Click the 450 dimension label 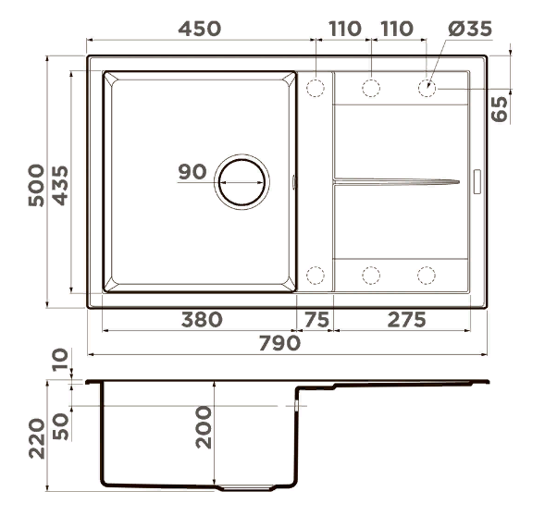pyautogui.click(x=200, y=28)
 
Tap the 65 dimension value pyautogui.click(x=501, y=108)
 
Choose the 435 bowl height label pyautogui.click(x=60, y=184)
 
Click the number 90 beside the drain pyautogui.click(x=192, y=172)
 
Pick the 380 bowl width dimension pyautogui.click(x=201, y=320)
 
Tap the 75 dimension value pyautogui.click(x=316, y=320)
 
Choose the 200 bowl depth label pyautogui.click(x=204, y=427)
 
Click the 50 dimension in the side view pyautogui.click(x=61, y=427)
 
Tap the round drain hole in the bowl pyautogui.click(x=242, y=181)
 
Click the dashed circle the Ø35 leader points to pyautogui.click(x=427, y=89)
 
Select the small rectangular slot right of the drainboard pyautogui.click(x=477, y=181)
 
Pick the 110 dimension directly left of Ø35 pyautogui.click(x=397, y=28)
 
